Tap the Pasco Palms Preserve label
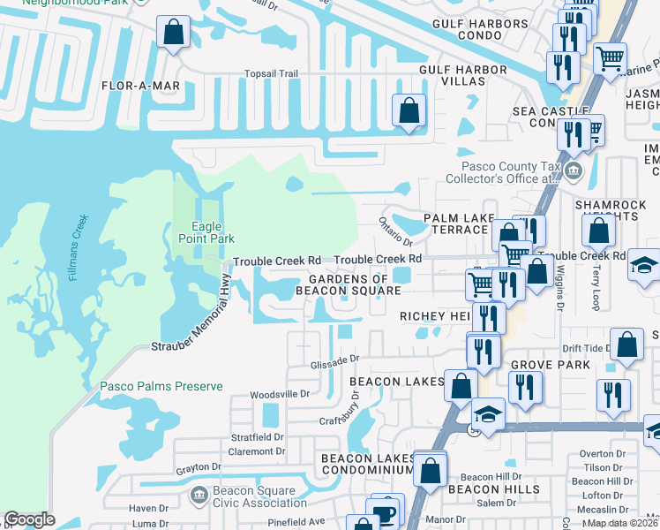point(161,386)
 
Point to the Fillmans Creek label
point(79,247)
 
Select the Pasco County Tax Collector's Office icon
point(574,170)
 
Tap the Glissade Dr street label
point(335,359)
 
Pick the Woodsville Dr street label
point(280,394)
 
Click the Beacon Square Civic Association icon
point(199,492)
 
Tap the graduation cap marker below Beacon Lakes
point(487,413)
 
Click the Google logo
point(29,519)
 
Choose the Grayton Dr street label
point(197,469)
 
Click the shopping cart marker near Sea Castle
point(610,59)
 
